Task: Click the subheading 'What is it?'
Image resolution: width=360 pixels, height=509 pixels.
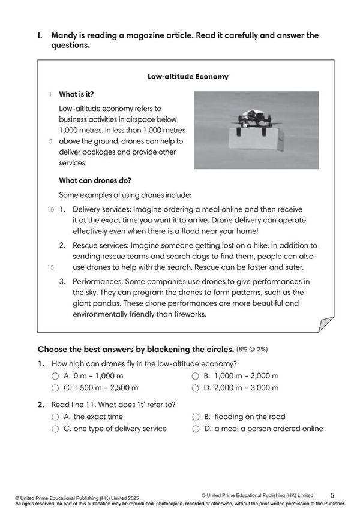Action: (76, 95)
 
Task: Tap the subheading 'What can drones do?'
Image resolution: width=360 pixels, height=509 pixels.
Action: (95, 180)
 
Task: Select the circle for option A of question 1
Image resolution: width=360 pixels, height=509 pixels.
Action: (55, 376)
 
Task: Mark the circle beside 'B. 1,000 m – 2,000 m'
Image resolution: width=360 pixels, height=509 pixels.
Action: (196, 376)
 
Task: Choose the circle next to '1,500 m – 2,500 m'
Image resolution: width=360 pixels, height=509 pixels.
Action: (55, 388)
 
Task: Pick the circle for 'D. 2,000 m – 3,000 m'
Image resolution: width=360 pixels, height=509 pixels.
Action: (196, 388)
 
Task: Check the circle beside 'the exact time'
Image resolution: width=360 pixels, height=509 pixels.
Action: (55, 417)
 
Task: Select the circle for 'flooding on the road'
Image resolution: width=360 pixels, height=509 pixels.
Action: (196, 417)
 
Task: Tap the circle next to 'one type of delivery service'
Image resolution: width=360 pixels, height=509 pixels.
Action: (55, 429)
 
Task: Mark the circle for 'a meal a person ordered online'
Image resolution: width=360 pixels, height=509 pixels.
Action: (196, 429)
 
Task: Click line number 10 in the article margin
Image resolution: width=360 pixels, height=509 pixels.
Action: (50, 210)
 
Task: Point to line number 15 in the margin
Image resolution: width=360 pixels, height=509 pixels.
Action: (50, 267)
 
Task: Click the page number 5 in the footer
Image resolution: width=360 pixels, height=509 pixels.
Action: (332, 495)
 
